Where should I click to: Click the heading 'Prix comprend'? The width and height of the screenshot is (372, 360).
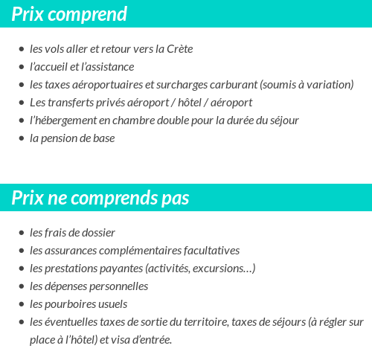69,14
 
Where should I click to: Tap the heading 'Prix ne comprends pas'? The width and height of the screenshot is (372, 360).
100,199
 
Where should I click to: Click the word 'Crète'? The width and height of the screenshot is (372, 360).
178,49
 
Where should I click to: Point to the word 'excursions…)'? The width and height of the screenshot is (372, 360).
222,269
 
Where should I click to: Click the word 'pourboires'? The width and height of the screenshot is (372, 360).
72,304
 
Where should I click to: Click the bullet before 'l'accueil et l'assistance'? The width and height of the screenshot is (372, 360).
21,67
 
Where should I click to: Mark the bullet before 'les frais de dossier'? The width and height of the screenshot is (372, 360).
21,233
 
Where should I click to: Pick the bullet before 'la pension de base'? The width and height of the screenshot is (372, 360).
21,138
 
